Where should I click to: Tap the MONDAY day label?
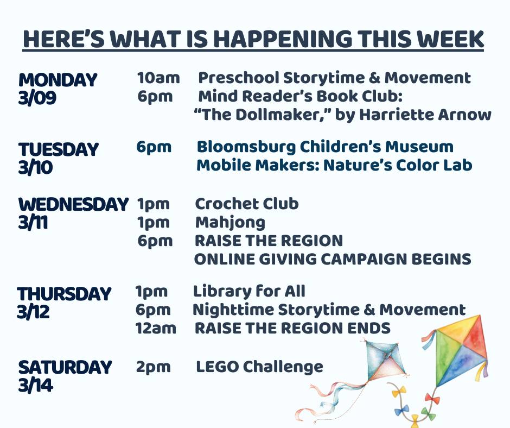58,80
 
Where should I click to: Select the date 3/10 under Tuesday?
35,167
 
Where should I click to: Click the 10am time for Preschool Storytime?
158,78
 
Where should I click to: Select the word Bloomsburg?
246,147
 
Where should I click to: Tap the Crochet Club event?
247,204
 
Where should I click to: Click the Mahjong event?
230,223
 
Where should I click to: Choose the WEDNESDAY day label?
73,204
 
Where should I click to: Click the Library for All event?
249,291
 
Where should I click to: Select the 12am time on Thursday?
156,328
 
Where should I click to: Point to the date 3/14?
35,385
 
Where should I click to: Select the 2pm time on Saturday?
153,367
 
